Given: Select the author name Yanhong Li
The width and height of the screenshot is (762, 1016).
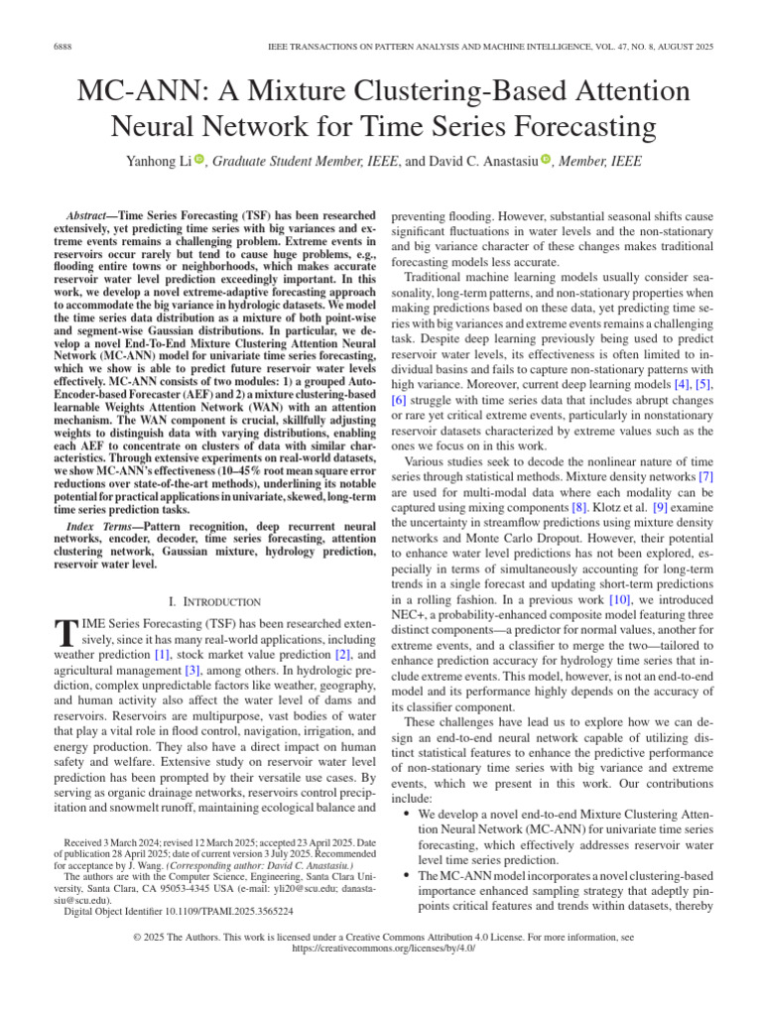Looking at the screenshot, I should (x=154, y=161).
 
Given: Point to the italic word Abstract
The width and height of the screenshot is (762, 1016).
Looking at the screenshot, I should (x=86, y=214).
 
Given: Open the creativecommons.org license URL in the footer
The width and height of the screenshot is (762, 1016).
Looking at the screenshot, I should (x=380, y=948).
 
